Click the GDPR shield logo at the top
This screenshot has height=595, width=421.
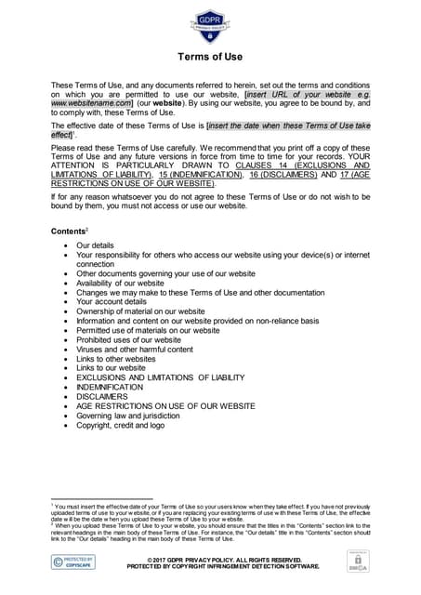[209, 22]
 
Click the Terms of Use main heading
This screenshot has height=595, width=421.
[210, 57]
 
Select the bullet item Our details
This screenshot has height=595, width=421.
[95, 245]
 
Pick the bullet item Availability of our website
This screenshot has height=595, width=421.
[120, 284]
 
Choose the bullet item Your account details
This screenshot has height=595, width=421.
[112, 302]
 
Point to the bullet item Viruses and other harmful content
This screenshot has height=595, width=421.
[135, 349]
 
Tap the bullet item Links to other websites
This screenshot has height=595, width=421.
[116, 358]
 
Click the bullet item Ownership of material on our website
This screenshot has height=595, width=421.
[140, 311]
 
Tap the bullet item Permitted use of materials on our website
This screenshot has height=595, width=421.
[147, 330]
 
